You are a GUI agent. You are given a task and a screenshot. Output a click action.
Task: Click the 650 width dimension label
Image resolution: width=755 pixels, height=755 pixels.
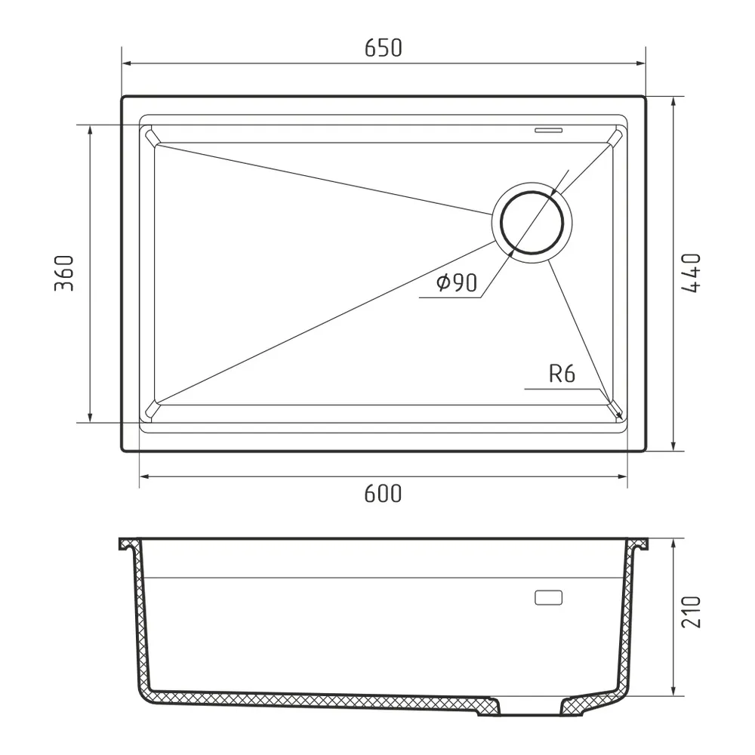coord(383,48)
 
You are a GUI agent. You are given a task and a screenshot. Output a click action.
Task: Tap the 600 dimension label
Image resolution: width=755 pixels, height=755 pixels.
coord(383,494)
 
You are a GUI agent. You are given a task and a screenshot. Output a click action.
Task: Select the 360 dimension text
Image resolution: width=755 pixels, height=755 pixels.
coord(66,273)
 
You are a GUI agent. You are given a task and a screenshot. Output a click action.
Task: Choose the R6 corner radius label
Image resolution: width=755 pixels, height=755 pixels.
coord(562,374)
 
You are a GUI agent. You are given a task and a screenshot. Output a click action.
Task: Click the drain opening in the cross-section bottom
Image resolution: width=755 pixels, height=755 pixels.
coord(530,710)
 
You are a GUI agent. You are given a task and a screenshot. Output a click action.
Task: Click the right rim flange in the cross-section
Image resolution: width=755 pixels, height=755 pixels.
coord(640,544)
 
